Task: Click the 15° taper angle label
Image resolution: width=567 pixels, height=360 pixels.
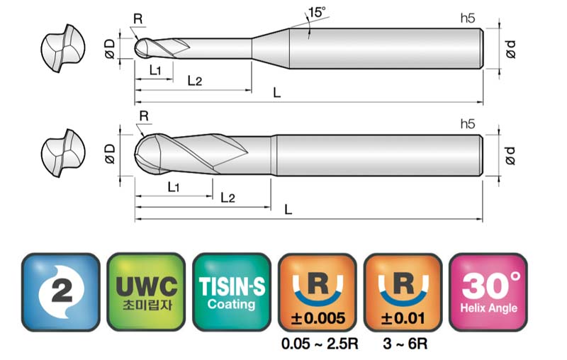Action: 317,12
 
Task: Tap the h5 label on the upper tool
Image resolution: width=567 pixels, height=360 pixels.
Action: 468,18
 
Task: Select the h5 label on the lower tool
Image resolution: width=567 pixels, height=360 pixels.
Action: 468,124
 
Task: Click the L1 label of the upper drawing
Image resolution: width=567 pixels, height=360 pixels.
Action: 155,69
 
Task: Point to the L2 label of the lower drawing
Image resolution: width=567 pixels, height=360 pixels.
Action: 228,197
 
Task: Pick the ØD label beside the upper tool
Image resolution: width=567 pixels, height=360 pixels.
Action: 110,49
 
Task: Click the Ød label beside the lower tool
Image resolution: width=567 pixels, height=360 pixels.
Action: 510,156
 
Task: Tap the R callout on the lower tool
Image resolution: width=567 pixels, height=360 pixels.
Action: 144,116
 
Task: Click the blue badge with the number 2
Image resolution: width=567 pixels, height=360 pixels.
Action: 61,292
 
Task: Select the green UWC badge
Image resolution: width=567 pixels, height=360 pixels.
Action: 146,292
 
